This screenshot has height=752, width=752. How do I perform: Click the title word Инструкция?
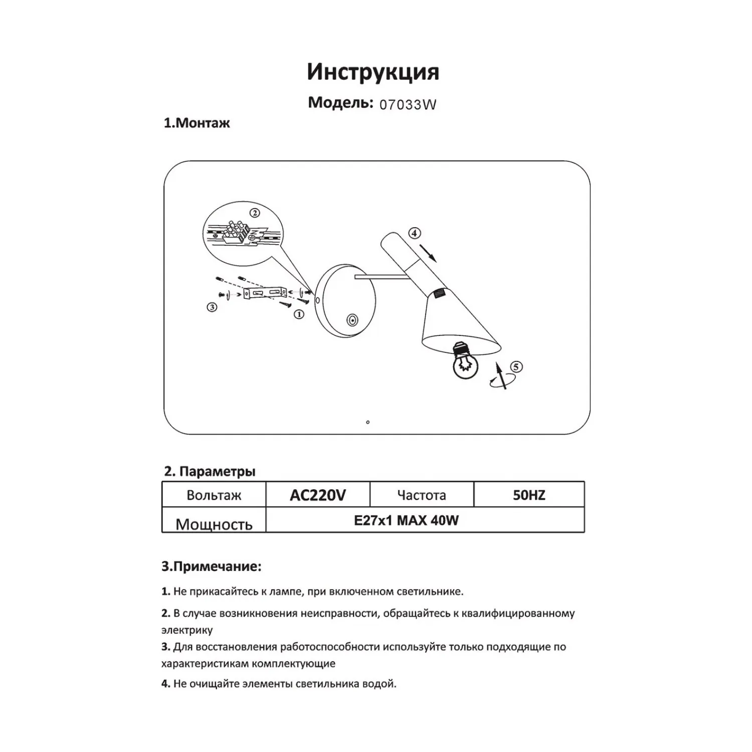pyautogui.click(x=373, y=72)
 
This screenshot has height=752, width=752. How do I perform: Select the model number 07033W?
pyautogui.click(x=408, y=105)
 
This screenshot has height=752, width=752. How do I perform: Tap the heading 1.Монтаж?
pyautogui.click(x=197, y=123)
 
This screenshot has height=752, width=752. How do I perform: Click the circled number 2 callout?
pyautogui.click(x=255, y=213)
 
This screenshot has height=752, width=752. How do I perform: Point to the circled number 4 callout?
pyautogui.click(x=414, y=233)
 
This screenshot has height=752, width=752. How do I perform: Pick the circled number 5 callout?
pyautogui.click(x=516, y=366)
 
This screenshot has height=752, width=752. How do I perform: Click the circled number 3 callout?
pyautogui.click(x=212, y=307)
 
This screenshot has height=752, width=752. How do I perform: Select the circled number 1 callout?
pyautogui.click(x=299, y=314)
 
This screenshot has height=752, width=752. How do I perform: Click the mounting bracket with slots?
pyautogui.click(x=264, y=293)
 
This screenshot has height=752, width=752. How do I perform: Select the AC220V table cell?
pyautogui.click(x=318, y=495)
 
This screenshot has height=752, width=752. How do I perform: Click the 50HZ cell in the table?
pyautogui.click(x=529, y=495)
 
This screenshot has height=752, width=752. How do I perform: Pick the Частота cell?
pyautogui.click(x=422, y=495)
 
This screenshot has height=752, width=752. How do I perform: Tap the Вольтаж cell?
pyautogui.click(x=214, y=495)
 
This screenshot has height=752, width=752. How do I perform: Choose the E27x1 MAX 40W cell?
pyautogui.click(x=406, y=520)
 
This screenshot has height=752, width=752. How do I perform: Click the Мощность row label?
pyautogui.click(x=214, y=524)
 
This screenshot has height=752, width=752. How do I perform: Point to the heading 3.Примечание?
pyautogui.click(x=211, y=567)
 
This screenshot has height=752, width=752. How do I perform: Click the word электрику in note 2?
pyautogui.click(x=187, y=630)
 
